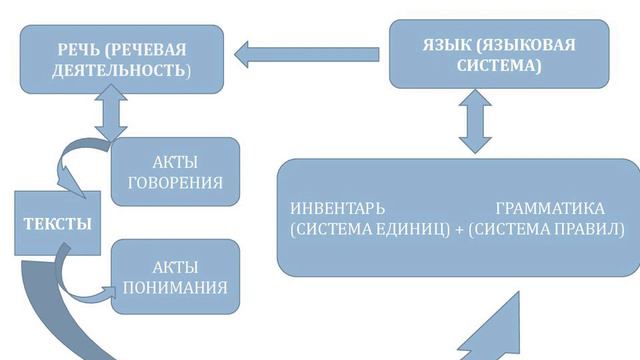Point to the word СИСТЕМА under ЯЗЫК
497,66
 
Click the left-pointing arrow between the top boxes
306,52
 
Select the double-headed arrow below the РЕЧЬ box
110,112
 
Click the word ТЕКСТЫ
57,224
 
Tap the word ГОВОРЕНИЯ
175,184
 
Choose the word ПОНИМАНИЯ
175,288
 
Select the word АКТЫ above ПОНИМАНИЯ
175,268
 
